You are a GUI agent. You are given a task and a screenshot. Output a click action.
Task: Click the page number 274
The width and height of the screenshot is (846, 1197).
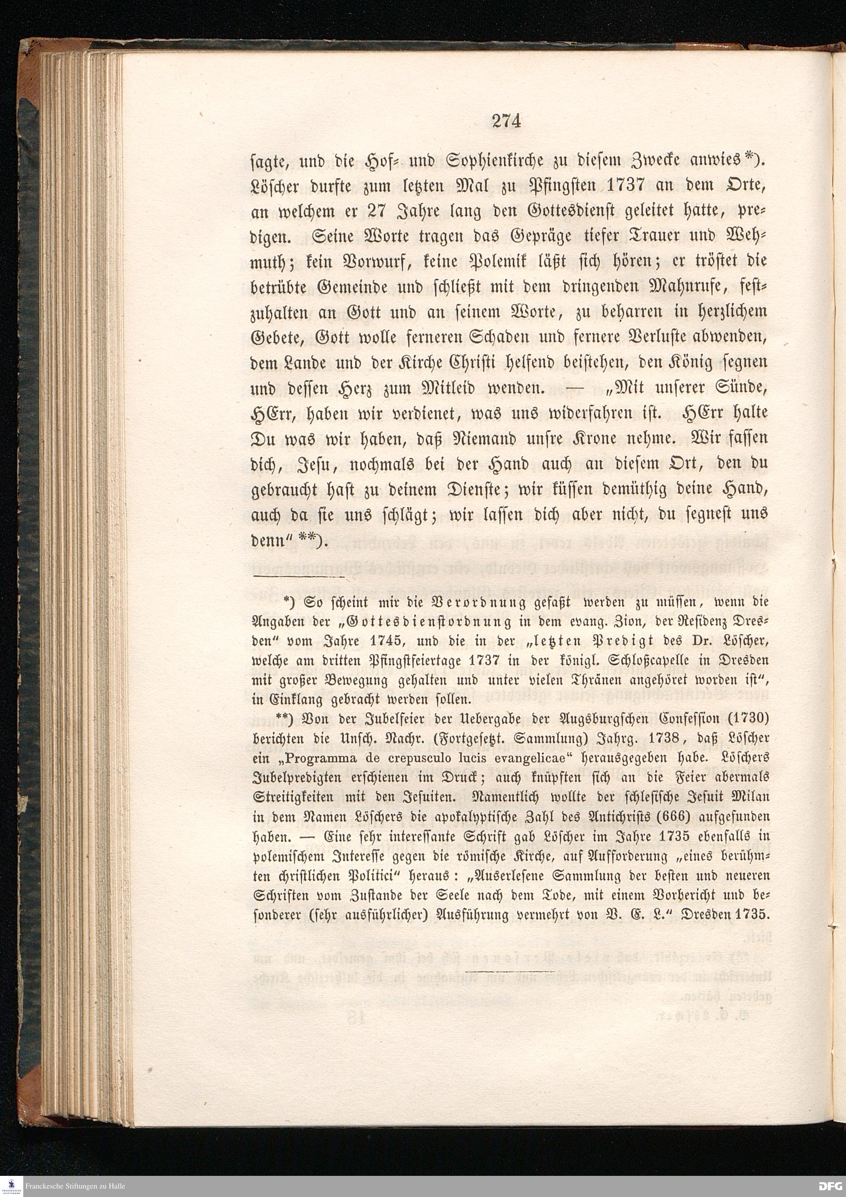coord(506,121)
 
